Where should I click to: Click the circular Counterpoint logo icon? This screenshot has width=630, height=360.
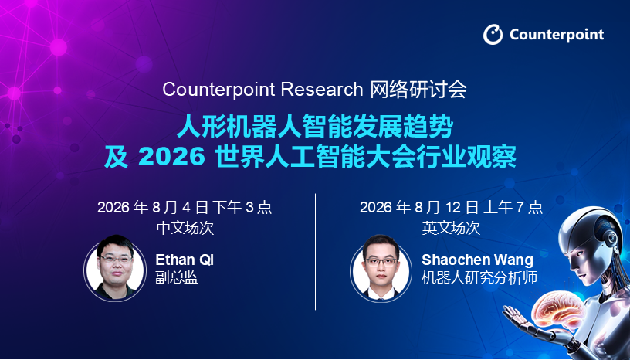pyautogui.click(x=493, y=35)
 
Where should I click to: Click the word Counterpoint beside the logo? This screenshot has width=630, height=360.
pyautogui.click(x=557, y=35)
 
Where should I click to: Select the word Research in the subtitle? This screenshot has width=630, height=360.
pyautogui.click(x=322, y=89)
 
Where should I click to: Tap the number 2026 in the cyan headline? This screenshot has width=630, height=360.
pyautogui.click(x=171, y=157)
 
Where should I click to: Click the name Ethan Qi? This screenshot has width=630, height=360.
pyautogui.click(x=185, y=260)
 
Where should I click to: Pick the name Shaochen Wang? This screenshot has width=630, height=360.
pyautogui.click(x=477, y=260)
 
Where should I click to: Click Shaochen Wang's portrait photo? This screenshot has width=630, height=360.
pyautogui.click(x=381, y=267)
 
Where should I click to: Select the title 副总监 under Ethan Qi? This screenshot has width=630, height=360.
pyautogui.click(x=177, y=277)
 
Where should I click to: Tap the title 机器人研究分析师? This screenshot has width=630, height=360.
pyautogui.click(x=479, y=277)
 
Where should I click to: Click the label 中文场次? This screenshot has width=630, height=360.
pyautogui.click(x=185, y=228)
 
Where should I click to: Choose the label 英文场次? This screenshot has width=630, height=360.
pyautogui.click(x=451, y=228)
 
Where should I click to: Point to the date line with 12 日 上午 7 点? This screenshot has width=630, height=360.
pyautogui.click(x=451, y=208)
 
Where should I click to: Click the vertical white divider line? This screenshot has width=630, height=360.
pyautogui.click(x=316, y=252)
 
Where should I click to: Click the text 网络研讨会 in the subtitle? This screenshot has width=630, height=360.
pyautogui.click(x=418, y=89)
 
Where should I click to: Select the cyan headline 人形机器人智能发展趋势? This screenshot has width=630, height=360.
pyautogui.click(x=316, y=127)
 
